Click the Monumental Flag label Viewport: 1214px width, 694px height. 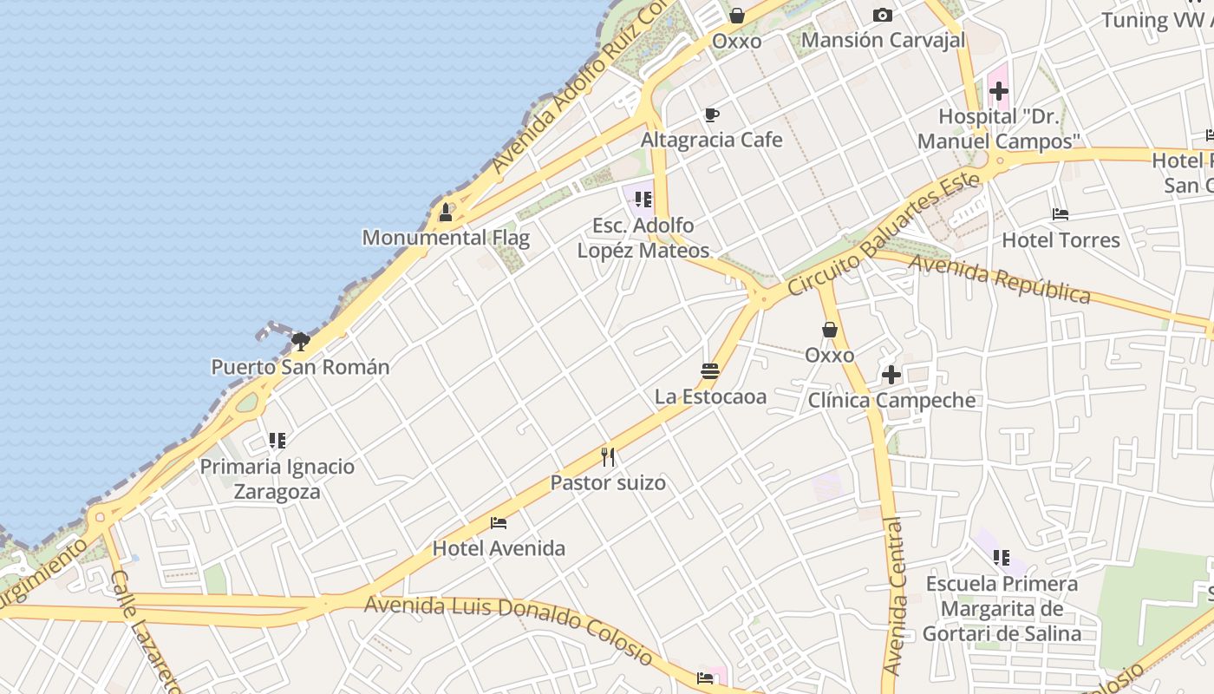pyautogui.click(x=446, y=238)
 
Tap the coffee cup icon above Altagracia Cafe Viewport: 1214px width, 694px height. pyautogui.click(x=711, y=115)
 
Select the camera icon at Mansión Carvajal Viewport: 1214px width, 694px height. pyautogui.click(x=883, y=15)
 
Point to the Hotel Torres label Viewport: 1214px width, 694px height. pyautogui.click(x=1061, y=240)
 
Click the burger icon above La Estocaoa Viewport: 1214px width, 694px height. pyautogui.click(x=710, y=371)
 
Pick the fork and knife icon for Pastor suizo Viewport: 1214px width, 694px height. pyautogui.click(x=608, y=456)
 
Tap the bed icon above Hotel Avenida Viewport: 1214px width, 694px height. pyautogui.click(x=499, y=522)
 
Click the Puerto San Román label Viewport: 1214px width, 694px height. pyautogui.click(x=300, y=367)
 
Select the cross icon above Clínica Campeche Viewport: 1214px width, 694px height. pyautogui.click(x=891, y=375)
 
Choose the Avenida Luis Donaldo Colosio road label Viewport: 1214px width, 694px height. pyautogui.click(x=508, y=626)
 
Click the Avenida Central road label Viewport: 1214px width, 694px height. pyautogui.click(x=893, y=596)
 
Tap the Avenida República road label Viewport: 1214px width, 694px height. pyautogui.click(x=999, y=279)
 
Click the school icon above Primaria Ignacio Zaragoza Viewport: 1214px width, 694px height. pyautogui.click(x=277, y=441)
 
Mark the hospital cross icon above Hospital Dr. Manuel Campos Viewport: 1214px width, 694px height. pyautogui.click(x=998, y=90)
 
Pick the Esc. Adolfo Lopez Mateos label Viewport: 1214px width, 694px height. pyautogui.click(x=643, y=238)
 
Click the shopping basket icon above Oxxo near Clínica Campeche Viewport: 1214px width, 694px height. pyautogui.click(x=830, y=330)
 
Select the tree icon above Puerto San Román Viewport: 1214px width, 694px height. pyautogui.click(x=301, y=341)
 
